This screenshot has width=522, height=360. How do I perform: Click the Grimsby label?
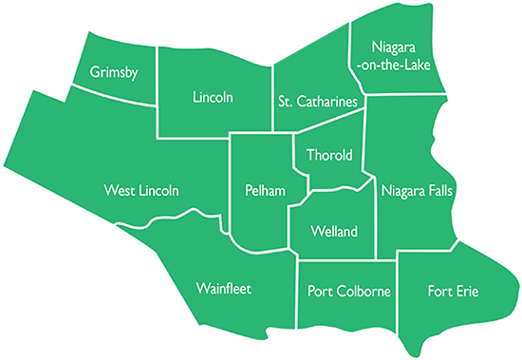point(114,72)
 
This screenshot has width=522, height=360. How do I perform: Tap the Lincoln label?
point(212,97)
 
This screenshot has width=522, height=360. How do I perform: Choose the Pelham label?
point(258,191)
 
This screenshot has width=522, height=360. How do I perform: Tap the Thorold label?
point(328,155)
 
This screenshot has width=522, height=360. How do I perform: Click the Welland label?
point(334,231)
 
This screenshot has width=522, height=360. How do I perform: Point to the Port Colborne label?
point(349,291)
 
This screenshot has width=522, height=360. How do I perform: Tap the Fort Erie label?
point(454,291)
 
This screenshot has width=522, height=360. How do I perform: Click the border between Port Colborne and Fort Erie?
point(397,294)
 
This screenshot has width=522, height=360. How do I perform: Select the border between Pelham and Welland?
point(289,228)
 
